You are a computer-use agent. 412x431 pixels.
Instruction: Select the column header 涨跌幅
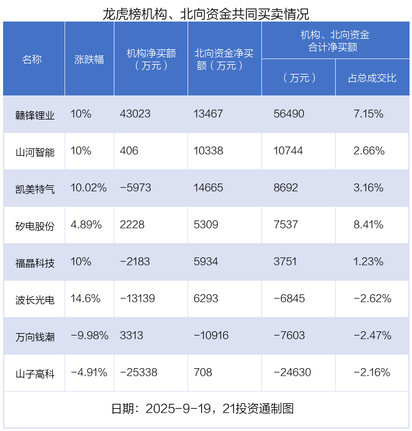click(89, 60)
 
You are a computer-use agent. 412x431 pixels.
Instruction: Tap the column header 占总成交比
click(372, 78)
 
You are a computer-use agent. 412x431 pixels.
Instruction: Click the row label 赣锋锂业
click(35, 115)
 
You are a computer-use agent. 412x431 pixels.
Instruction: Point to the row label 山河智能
click(35, 151)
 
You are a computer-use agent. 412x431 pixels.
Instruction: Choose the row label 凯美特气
click(35, 188)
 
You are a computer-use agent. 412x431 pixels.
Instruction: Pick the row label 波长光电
click(35, 300)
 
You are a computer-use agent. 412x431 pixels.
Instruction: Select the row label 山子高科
click(35, 373)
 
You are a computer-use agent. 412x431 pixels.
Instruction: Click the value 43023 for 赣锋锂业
click(135, 114)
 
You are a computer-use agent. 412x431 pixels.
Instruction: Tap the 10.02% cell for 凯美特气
click(89, 188)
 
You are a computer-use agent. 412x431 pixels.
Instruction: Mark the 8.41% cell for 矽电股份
click(369, 225)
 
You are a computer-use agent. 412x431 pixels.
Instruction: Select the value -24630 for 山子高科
click(292, 373)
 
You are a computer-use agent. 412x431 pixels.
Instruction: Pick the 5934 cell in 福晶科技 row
click(206, 262)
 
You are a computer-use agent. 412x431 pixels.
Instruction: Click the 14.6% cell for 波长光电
click(85, 299)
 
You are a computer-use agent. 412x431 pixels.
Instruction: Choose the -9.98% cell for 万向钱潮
click(90, 336)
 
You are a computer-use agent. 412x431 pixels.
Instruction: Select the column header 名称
click(32, 60)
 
